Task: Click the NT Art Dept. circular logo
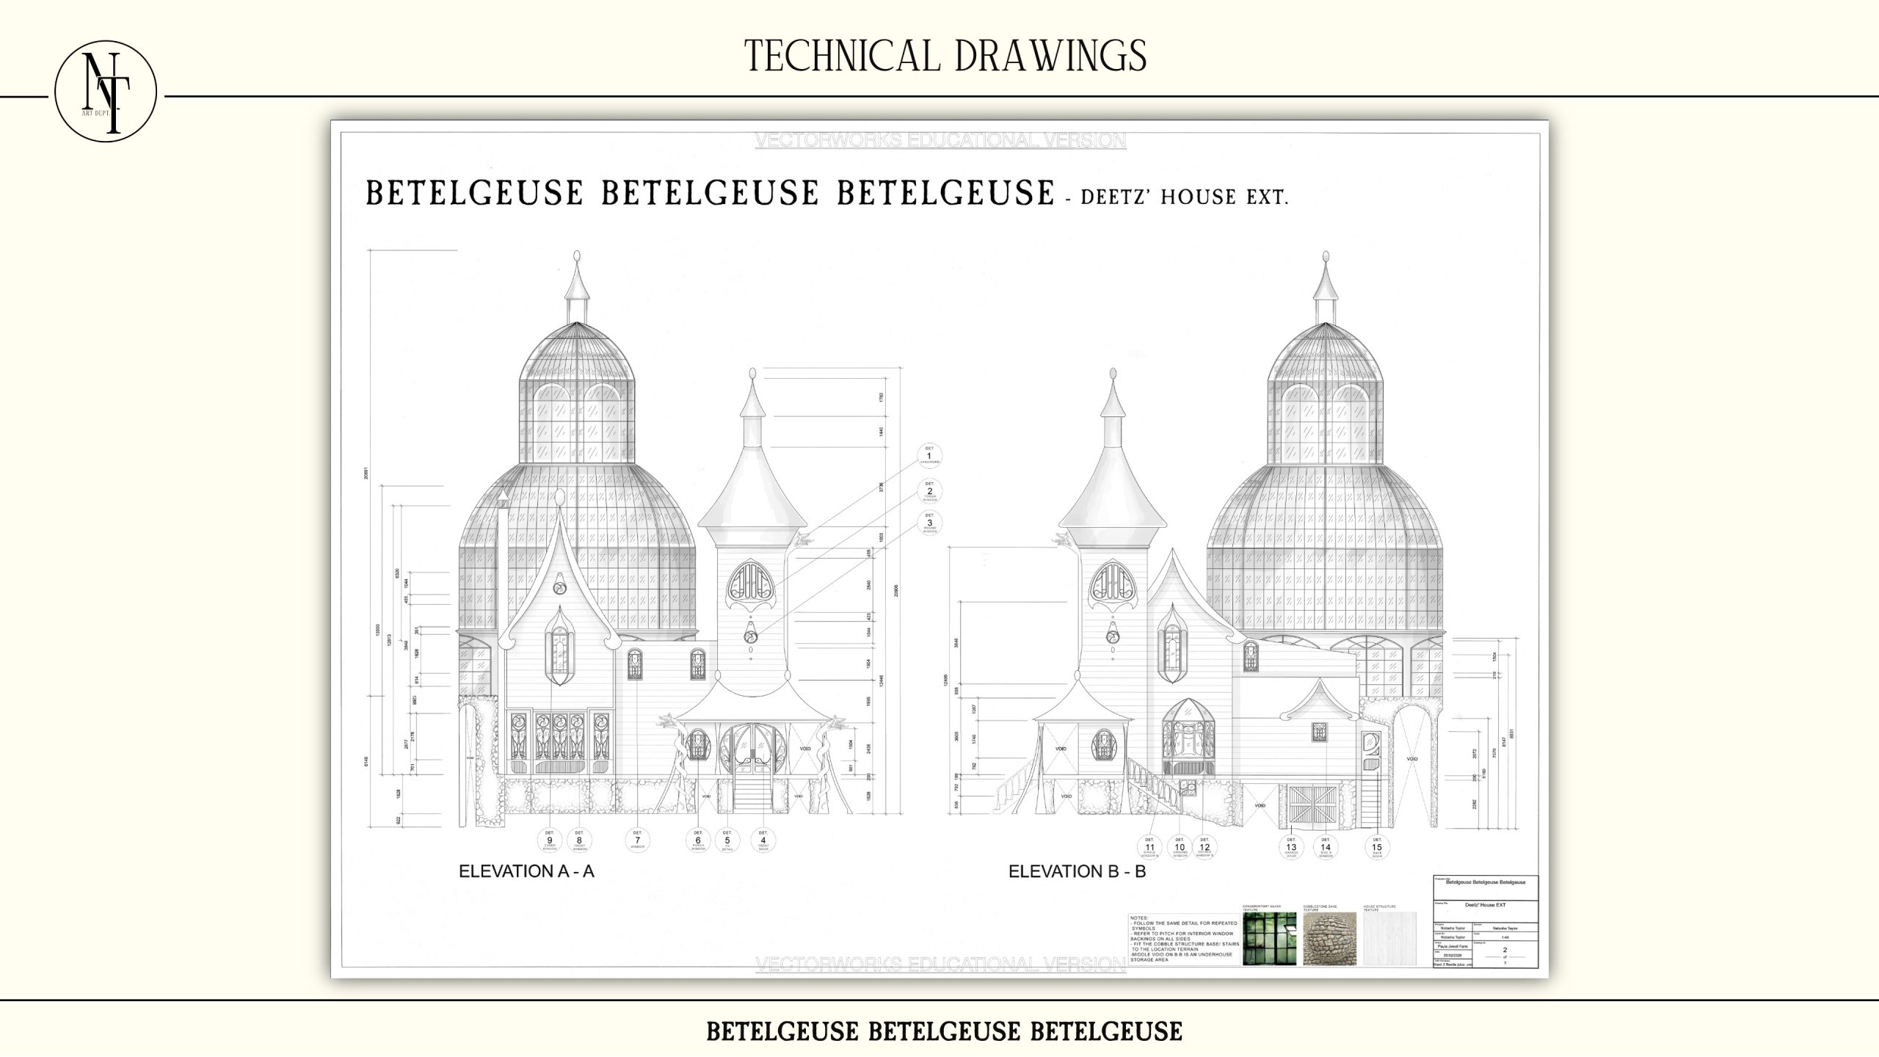106,92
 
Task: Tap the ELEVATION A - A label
526,871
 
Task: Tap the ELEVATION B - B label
1077,871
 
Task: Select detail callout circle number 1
929,457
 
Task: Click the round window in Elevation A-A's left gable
559,589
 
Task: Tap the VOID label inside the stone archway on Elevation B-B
1411,759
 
